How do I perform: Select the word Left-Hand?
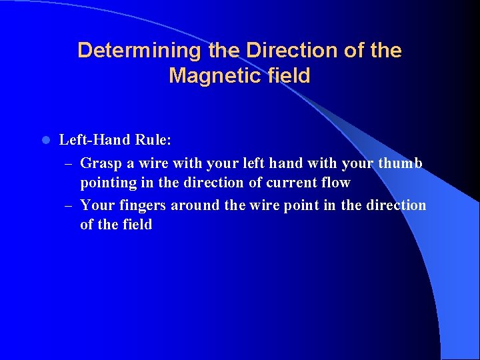(x=95, y=140)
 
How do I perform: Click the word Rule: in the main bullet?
(x=153, y=140)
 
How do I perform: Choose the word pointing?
(x=107, y=183)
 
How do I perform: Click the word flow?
(x=335, y=183)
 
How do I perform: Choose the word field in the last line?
(x=137, y=225)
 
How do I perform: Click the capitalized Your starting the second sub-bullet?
(x=97, y=205)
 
